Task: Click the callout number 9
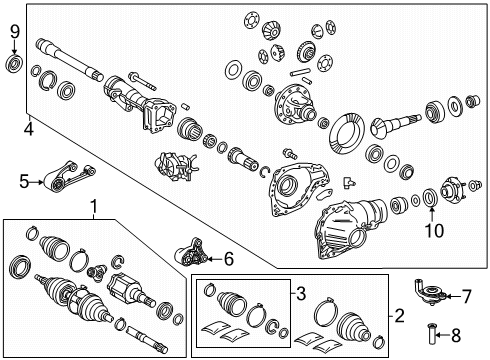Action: pyautogui.click(x=14, y=34)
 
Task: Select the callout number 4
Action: pyautogui.click(x=28, y=129)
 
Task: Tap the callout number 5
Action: pyautogui.click(x=23, y=181)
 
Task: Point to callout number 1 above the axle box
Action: pyautogui.click(x=95, y=207)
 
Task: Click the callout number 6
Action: pyautogui.click(x=229, y=259)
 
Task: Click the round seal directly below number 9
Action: pyautogui.click(x=14, y=66)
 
